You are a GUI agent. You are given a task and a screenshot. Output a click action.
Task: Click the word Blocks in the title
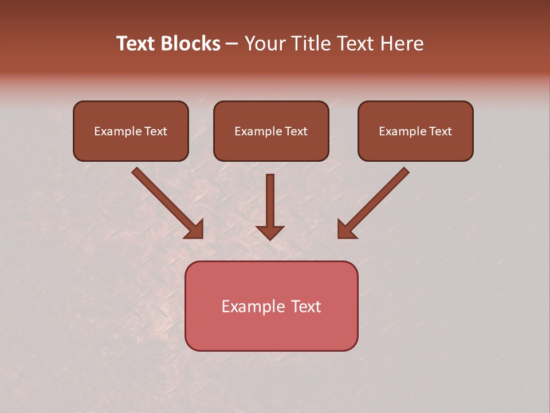point(190,44)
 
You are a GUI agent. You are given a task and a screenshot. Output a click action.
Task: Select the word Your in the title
point(265,44)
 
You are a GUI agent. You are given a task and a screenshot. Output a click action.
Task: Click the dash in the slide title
point(232,44)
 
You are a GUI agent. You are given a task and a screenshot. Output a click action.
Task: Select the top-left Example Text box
point(131,131)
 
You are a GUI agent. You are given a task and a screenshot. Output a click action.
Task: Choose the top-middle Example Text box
point(271,131)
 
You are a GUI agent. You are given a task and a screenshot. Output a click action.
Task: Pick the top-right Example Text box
point(415,131)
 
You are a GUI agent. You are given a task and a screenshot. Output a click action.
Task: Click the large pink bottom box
point(271,306)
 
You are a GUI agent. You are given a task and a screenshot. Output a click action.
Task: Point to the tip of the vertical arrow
point(270,238)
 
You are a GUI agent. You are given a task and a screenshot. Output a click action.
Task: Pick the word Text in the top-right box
point(440,131)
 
